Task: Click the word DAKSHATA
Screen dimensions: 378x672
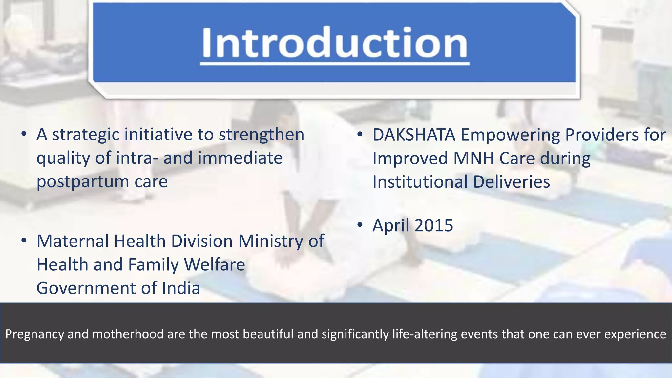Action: [414, 135]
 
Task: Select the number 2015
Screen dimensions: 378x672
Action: [433, 225]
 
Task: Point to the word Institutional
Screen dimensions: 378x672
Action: [420, 182]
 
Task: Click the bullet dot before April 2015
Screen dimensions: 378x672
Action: [360, 225]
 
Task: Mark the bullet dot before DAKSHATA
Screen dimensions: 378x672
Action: [360, 135]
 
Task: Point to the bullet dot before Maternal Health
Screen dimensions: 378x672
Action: [24, 241]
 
